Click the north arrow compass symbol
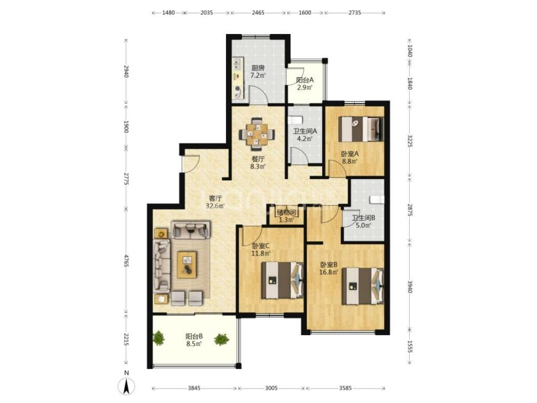(127, 386)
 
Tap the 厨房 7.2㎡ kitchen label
(257, 72)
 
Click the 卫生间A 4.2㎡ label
(305, 135)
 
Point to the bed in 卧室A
(361, 129)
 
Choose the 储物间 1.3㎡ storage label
(286, 216)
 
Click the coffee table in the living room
(187, 264)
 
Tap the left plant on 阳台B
(159, 338)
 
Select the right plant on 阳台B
(222, 339)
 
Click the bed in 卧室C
(283, 280)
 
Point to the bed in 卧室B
(363, 286)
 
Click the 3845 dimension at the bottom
(194, 388)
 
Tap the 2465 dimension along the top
(258, 13)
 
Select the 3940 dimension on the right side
(410, 286)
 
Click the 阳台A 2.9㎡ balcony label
(305, 83)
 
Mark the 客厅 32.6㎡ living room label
(215, 202)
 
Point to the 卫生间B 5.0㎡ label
(364, 221)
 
